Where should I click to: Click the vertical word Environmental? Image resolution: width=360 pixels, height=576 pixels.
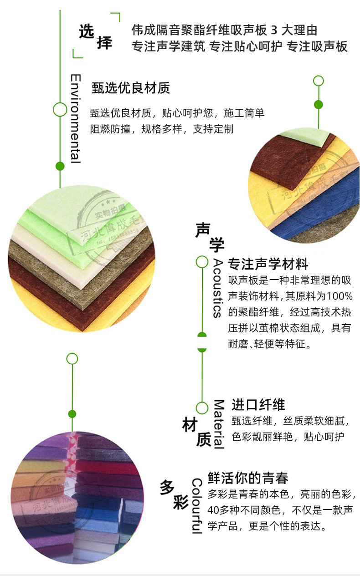click(x=76, y=118)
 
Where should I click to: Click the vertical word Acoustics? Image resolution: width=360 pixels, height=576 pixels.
click(x=217, y=288)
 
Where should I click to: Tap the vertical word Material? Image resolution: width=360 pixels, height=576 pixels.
click(x=219, y=424)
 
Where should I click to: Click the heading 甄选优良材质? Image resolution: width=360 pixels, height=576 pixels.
click(x=131, y=87)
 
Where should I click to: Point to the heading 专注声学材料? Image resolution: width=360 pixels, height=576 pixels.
click(x=268, y=264)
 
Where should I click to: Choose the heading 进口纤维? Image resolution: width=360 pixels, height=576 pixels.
click(x=258, y=404)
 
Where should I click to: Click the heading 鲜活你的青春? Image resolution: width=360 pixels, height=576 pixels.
click(x=248, y=478)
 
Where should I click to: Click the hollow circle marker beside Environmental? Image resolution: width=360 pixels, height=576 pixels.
click(x=60, y=110)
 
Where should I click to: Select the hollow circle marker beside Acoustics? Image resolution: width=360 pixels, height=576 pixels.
click(x=202, y=262)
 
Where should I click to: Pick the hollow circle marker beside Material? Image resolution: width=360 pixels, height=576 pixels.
click(x=202, y=408)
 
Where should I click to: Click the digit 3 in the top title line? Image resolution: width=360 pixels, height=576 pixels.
click(x=274, y=31)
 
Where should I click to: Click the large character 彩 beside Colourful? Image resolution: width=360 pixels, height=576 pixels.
click(x=181, y=504)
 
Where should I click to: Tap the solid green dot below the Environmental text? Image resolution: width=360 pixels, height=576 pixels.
click(x=60, y=166)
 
